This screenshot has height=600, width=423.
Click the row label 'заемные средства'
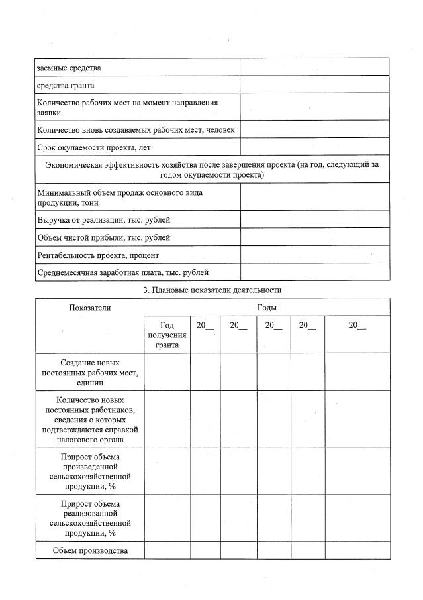tap(70, 68)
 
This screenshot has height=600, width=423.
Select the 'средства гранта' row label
tap(66, 85)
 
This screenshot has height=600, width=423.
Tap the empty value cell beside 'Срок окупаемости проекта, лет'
tap(314, 147)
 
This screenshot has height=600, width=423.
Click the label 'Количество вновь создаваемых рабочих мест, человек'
tap(136, 130)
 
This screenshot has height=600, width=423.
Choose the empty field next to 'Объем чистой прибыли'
tap(314, 237)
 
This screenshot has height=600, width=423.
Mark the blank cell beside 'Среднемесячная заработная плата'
tap(314, 272)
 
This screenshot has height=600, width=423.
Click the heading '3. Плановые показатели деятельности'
tap(212, 290)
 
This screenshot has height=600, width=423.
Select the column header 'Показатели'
tap(90, 308)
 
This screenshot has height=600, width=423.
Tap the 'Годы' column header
tap(267, 308)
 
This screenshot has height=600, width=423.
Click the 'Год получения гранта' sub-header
tap(167, 335)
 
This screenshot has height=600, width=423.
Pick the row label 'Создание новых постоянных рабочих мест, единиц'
tap(90, 373)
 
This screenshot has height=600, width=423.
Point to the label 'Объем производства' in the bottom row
tap(90, 550)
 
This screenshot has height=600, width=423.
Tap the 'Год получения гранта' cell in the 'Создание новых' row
tap(167, 373)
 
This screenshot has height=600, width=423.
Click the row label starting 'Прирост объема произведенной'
tap(90, 471)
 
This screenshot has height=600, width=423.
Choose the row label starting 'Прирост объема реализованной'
tap(90, 518)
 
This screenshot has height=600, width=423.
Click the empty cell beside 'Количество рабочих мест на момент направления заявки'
tap(314, 107)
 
